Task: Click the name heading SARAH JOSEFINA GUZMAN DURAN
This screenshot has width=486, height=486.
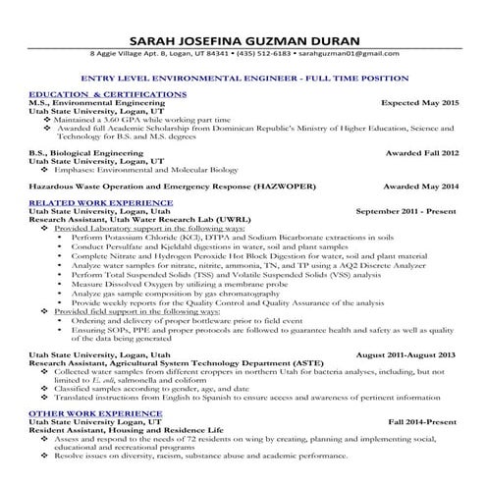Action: tap(244, 40)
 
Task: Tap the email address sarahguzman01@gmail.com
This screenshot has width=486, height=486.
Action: tap(351, 53)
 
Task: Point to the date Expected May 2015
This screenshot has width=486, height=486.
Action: tap(419, 102)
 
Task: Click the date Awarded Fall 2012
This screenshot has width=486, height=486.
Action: tap(421, 154)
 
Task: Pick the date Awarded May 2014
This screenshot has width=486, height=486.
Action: tap(421, 185)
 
